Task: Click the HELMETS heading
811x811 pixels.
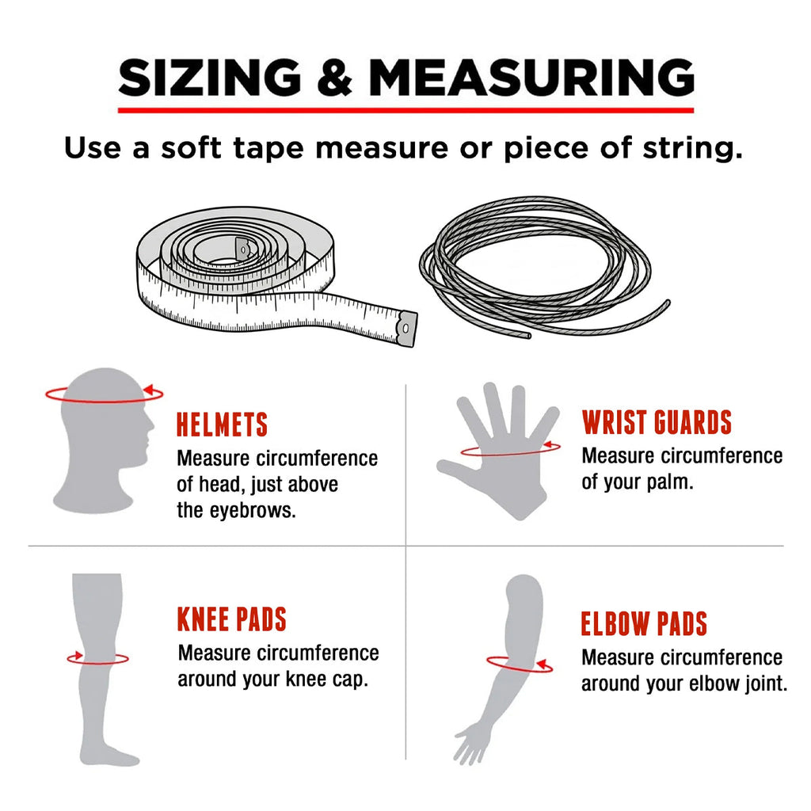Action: (222, 425)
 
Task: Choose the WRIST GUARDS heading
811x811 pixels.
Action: (657, 422)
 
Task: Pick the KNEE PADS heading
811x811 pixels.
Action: (232, 619)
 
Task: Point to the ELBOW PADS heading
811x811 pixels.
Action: (644, 624)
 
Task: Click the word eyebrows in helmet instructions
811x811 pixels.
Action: (253, 511)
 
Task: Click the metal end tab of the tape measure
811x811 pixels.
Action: (407, 329)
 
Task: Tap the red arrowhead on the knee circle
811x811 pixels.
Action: (77, 656)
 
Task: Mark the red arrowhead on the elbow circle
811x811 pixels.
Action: (542, 664)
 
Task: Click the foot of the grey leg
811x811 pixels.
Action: (111, 755)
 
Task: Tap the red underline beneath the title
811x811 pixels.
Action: (406, 110)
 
